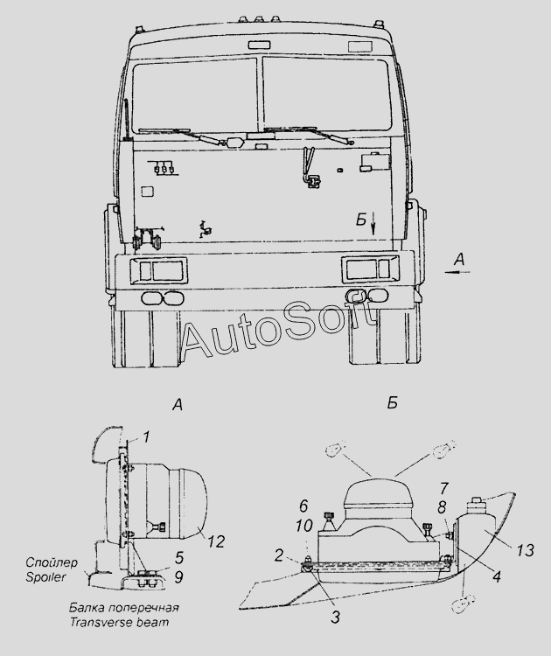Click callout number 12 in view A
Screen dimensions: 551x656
[x=215, y=541]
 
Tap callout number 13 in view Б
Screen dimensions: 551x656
[x=525, y=550]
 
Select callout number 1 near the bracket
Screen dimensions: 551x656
[x=145, y=437]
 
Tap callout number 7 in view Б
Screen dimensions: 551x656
[x=444, y=488]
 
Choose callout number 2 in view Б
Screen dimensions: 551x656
[x=279, y=555]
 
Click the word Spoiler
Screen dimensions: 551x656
[x=45, y=577]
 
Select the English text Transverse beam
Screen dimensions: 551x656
[x=119, y=622]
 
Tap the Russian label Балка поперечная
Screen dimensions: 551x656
[x=124, y=607]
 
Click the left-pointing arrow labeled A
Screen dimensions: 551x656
[x=457, y=272]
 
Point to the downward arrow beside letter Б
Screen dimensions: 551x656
[x=373, y=223]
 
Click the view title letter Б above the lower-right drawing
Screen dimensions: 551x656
[x=392, y=403]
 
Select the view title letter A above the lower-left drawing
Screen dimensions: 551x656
[x=178, y=405]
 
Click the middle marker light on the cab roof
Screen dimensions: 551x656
[x=259, y=18]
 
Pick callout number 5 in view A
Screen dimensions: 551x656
[x=179, y=558]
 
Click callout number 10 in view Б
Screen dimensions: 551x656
[x=304, y=526]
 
